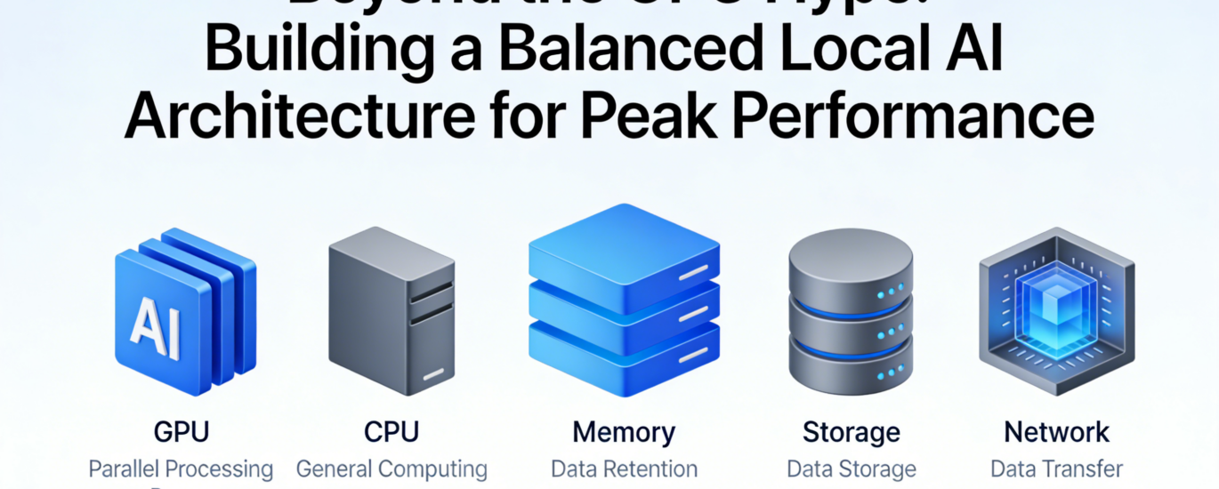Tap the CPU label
click(x=391, y=433)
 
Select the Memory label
click(x=624, y=433)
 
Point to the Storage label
click(x=852, y=433)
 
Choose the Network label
click(x=1056, y=433)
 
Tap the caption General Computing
click(x=392, y=469)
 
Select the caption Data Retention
click(x=624, y=469)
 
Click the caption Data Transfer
click(x=1056, y=469)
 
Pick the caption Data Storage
click(x=852, y=469)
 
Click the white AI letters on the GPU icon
click(x=155, y=326)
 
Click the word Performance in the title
click(x=903, y=118)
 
